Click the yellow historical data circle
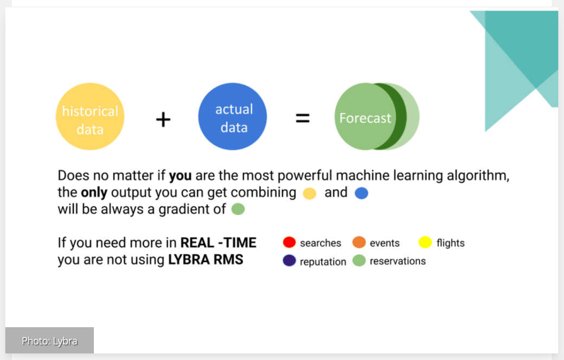coord(90,116)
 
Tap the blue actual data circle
coord(232,116)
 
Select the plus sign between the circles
coord(163,119)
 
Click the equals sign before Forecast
coord(302,118)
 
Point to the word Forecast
coord(365,118)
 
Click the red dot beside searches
coord(289,242)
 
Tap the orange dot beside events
coord(359,242)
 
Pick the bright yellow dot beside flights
coord(425,242)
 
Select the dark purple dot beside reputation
coord(289,260)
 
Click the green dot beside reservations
coord(359,260)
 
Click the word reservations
coord(398,261)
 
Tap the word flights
coord(450,243)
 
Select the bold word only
coord(94,193)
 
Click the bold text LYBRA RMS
coord(206,260)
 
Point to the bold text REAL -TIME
coord(218,243)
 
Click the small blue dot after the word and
coord(362,193)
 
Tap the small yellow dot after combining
coord(309,194)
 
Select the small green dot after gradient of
coord(238,209)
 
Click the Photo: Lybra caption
coord(49,341)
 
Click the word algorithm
coord(478,175)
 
